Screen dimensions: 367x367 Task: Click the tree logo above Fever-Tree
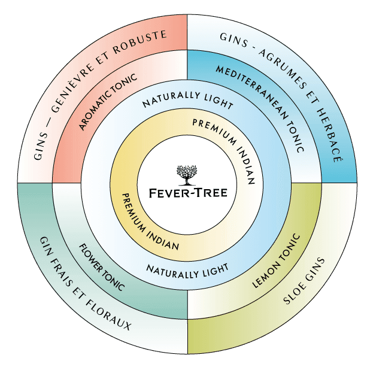[187, 175]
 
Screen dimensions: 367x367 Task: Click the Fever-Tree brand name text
[188, 193]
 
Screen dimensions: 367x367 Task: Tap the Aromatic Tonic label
[108, 101]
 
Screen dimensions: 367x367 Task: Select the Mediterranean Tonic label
[260, 108]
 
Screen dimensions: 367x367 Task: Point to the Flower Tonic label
[101, 267]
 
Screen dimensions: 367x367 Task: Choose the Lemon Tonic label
[276, 260]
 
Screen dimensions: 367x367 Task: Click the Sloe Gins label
[304, 281]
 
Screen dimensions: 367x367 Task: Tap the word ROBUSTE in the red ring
[140, 42]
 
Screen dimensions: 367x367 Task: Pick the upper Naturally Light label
[188, 100]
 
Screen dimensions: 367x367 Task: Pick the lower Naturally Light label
[187, 271]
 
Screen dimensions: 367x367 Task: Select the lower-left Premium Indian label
[147, 224]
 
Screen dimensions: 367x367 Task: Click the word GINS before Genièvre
[41, 146]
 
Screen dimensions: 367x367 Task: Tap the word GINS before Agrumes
[233, 40]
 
